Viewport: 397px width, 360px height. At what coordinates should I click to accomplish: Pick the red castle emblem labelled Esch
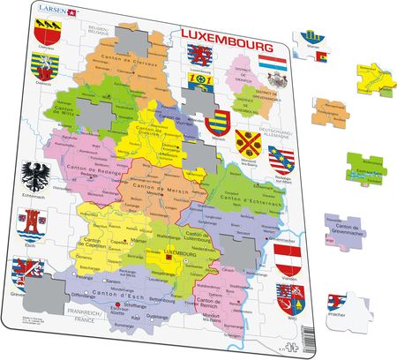(34, 227)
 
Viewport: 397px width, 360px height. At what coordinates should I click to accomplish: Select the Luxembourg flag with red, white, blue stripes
(270, 64)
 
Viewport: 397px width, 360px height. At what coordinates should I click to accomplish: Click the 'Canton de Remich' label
(201, 286)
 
